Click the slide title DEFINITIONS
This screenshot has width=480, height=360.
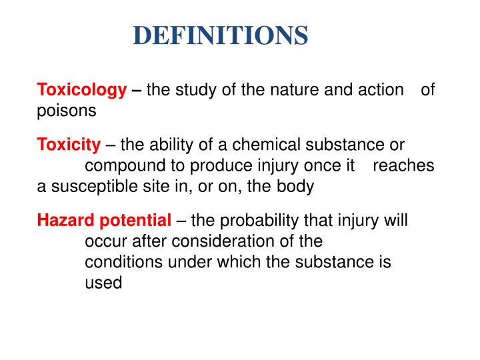click(220, 35)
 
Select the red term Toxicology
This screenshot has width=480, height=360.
click(81, 89)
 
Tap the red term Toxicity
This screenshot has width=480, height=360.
click(69, 145)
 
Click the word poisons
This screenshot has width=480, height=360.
click(67, 111)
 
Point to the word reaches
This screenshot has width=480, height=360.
click(403, 166)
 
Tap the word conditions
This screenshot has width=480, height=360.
click(124, 262)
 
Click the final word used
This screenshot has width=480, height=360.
click(103, 283)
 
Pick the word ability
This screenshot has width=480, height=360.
click(168, 145)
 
